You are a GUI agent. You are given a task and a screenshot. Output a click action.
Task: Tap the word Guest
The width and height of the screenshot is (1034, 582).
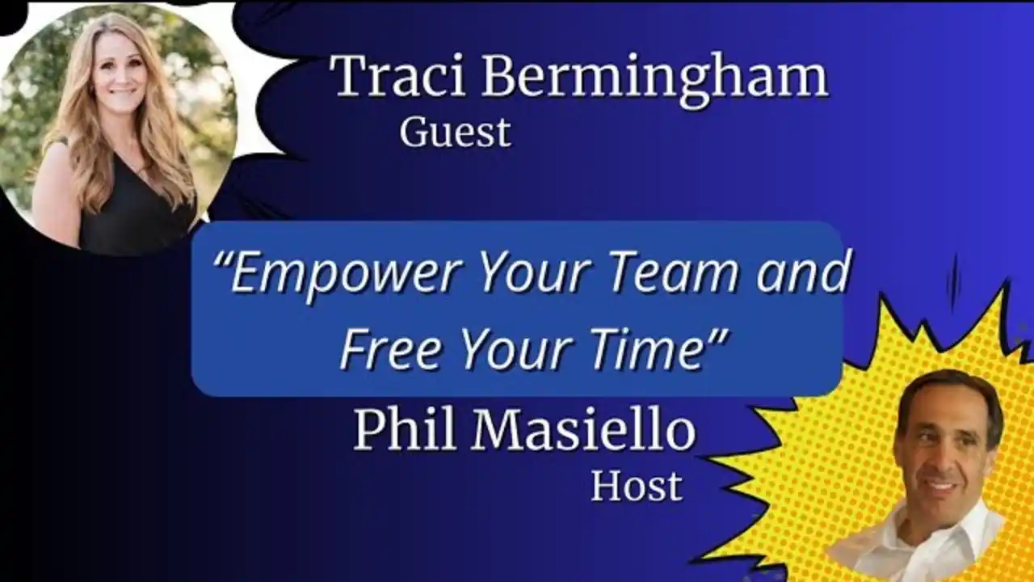point(455,133)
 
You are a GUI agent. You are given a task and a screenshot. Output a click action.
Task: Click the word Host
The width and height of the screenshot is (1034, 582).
point(637,486)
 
